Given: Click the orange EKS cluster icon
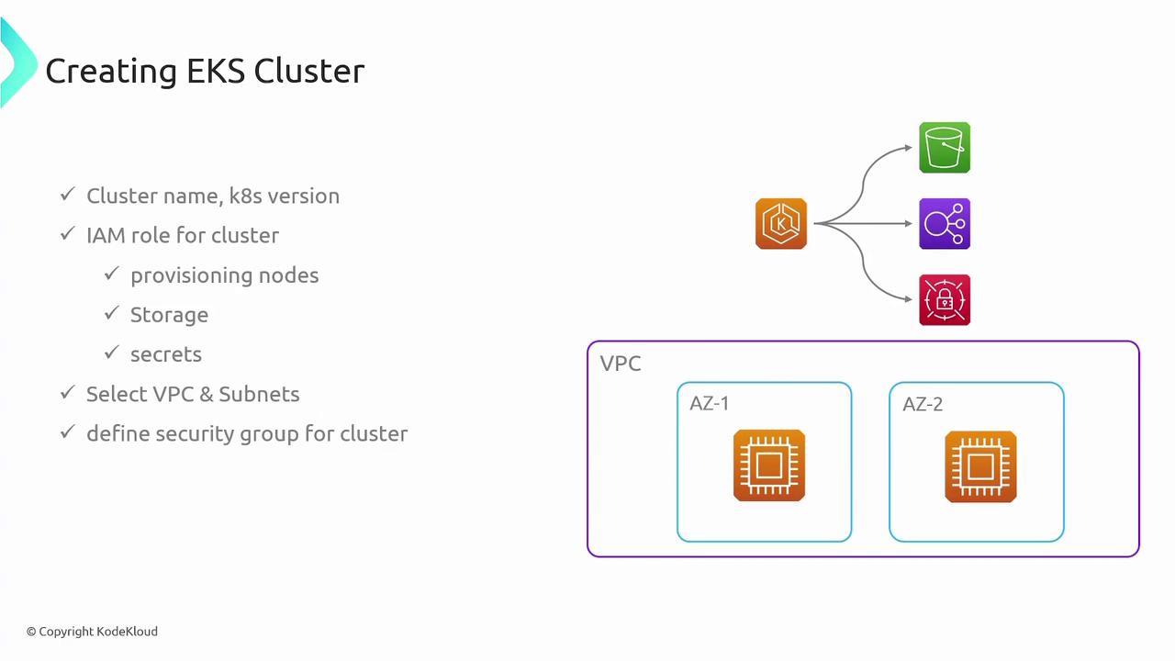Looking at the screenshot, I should pos(781,223).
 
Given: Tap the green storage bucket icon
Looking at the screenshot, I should pos(945,147).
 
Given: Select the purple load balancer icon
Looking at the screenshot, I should pos(945,223).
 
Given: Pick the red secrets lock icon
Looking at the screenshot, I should pos(945,299).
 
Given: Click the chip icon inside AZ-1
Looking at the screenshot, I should pos(769,465).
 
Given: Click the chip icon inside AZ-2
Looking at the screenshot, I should pos(980,466).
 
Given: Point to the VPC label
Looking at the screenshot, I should pos(621,364).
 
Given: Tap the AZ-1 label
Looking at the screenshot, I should pos(710,404).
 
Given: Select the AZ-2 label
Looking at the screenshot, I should pos(923,404).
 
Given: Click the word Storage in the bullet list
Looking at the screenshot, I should pos(169,315).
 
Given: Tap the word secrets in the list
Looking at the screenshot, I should pos(166,354).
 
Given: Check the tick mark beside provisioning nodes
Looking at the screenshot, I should pos(111,274).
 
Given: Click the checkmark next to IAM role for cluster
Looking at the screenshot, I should pos(67,234).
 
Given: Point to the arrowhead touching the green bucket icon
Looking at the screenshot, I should pos(908,147).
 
